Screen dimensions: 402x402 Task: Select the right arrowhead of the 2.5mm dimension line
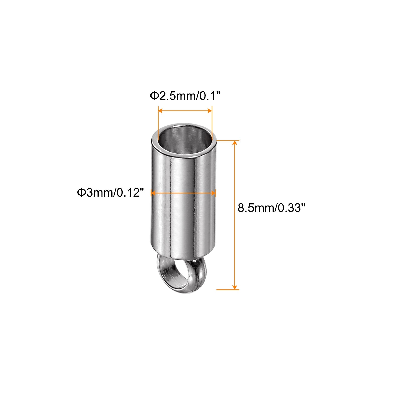click(209, 111)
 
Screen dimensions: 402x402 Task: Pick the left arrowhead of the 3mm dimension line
click(153, 193)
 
